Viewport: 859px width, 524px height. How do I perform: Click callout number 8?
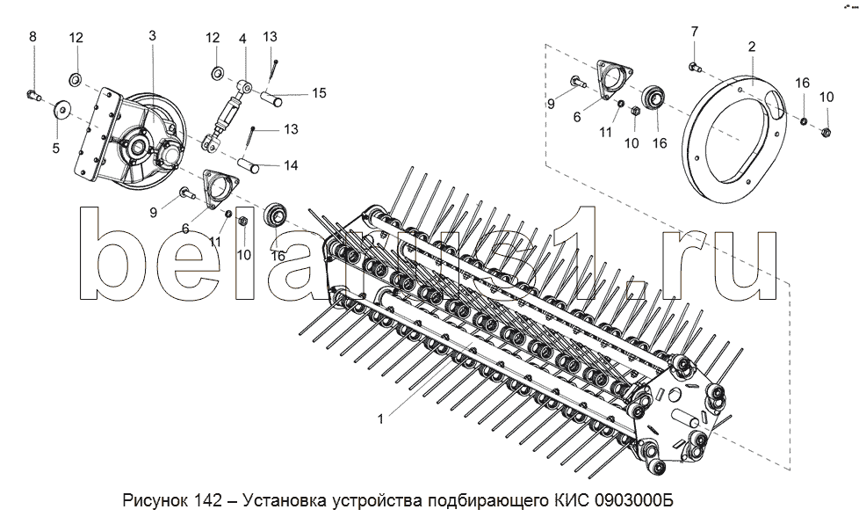pyautogui.click(x=33, y=36)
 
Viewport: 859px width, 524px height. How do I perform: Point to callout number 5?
pyautogui.click(x=55, y=148)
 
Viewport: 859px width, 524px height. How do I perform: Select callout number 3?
pyautogui.click(x=152, y=36)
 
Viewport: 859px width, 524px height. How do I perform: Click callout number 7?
pyautogui.click(x=694, y=32)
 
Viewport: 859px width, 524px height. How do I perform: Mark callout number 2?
pyautogui.click(x=752, y=45)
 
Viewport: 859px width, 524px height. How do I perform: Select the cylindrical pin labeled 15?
pyautogui.click(x=270, y=96)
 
